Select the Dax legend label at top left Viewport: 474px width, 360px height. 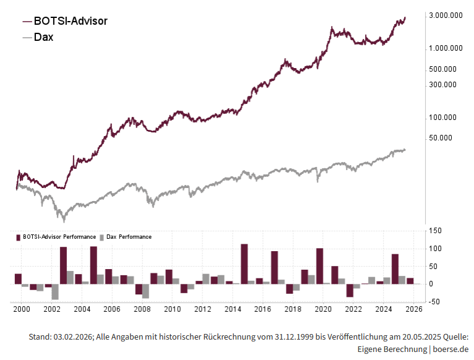pyautogui.click(x=43, y=37)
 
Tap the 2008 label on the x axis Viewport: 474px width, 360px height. pyautogui.click(x=142, y=309)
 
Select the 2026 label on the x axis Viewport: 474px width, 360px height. pyautogui.click(x=414, y=309)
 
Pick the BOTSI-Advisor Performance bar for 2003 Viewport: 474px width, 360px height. pyautogui.click(x=63, y=265)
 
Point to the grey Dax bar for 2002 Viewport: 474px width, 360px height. pyautogui.click(x=55, y=292)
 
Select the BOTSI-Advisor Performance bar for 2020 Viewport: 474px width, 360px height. pyautogui.click(x=320, y=266)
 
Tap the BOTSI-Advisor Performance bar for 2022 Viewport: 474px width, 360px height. pyautogui.click(x=350, y=291)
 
